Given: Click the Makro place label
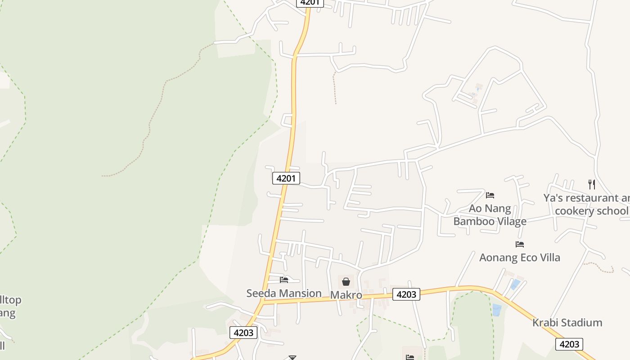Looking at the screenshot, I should [346, 295].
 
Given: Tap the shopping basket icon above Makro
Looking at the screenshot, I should [346, 282].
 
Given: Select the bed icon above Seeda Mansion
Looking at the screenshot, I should [284, 279].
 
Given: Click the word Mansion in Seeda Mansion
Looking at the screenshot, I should [300, 293].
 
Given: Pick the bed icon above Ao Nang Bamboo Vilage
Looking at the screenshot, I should [490, 195].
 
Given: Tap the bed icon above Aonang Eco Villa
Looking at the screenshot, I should [520, 244].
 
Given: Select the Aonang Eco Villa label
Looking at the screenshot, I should [520, 257].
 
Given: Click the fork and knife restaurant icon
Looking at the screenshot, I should [592, 184].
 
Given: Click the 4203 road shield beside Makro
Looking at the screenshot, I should [406, 294].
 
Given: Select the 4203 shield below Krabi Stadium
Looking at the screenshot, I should [569, 344].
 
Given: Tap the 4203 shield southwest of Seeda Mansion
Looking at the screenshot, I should [243, 333].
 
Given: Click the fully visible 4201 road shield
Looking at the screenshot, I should [286, 178].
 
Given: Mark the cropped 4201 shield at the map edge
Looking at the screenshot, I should [310, 3].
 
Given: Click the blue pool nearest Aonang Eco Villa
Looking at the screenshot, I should [515, 284].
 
